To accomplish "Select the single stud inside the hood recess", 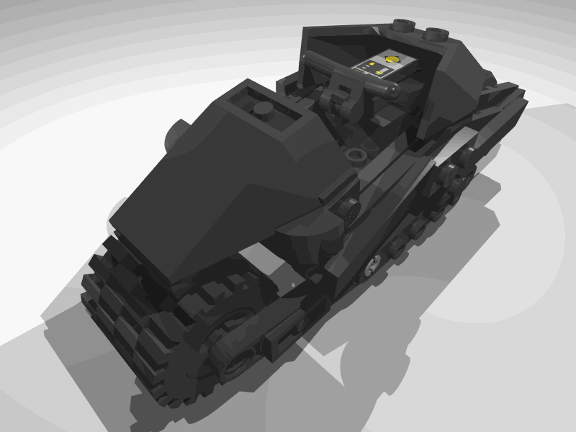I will coord(264,110).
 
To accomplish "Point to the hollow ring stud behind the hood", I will coord(354,155).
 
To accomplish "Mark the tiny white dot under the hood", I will coord(292,285).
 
